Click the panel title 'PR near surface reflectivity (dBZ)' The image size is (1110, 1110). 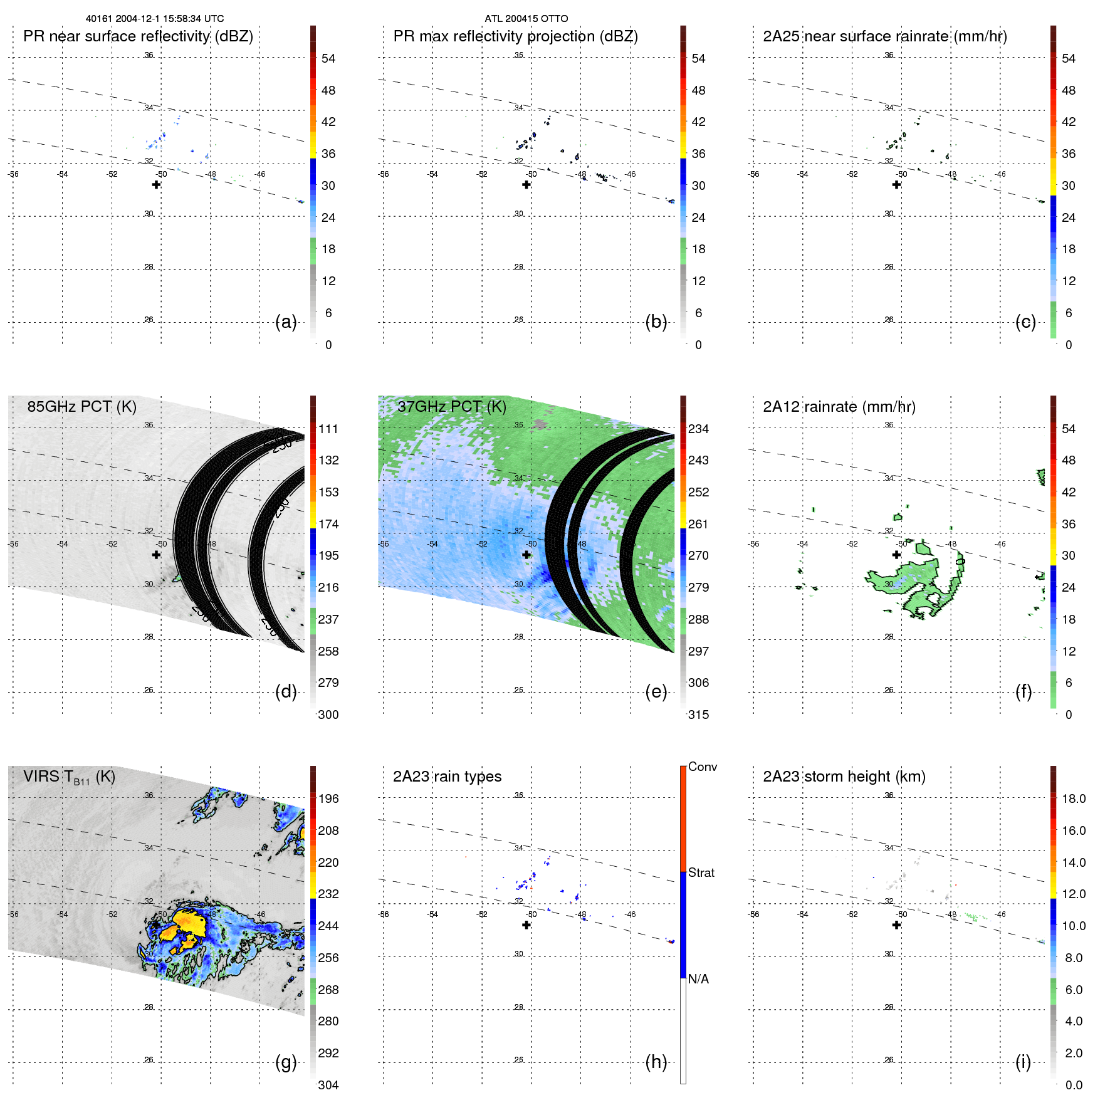pyautogui.click(x=138, y=36)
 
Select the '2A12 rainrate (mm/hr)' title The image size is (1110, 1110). pyautogui.click(x=839, y=407)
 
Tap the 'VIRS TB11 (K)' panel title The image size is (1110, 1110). pyautogui.click(x=69, y=777)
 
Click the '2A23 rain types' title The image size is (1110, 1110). pyautogui.click(x=447, y=777)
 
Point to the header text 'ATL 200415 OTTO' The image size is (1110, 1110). pyautogui.click(x=526, y=19)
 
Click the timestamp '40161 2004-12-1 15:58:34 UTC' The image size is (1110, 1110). pyautogui.click(x=155, y=19)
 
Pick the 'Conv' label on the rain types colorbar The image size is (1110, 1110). pyautogui.click(x=702, y=767)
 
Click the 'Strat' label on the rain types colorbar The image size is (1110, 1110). pyautogui.click(x=701, y=872)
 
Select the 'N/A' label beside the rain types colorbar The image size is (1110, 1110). pyautogui.click(x=698, y=979)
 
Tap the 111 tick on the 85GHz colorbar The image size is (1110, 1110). pyautogui.click(x=328, y=429)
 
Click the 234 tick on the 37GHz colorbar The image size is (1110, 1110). pyautogui.click(x=698, y=429)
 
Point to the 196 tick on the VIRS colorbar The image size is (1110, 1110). pyautogui.click(x=328, y=798)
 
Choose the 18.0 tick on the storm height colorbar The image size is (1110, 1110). pyautogui.click(x=1073, y=798)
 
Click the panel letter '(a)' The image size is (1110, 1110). pyautogui.click(x=286, y=322)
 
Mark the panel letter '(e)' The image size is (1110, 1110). pyautogui.click(x=656, y=691)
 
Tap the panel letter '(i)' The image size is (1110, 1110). pyautogui.click(x=1023, y=1062)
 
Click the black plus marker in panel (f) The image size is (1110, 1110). pyautogui.click(x=896, y=555)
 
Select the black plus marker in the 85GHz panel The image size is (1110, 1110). pyautogui.click(x=156, y=555)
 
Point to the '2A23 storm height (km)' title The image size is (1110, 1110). pyautogui.click(x=844, y=777)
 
